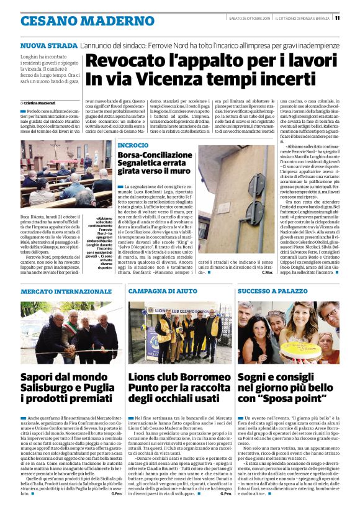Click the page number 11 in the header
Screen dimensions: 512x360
point(354,17)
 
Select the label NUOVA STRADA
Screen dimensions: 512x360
point(49,47)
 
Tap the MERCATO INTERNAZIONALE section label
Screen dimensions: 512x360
point(58,290)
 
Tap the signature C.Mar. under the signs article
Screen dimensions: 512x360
point(268,272)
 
